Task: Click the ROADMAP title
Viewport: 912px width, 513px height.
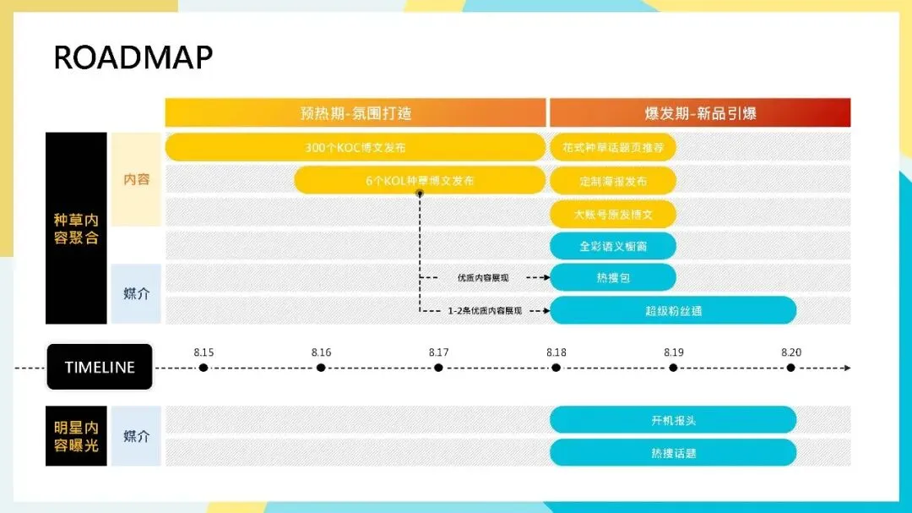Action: (133, 57)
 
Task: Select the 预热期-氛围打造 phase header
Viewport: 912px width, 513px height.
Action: (356, 113)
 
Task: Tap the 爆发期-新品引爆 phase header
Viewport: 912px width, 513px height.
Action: (700, 113)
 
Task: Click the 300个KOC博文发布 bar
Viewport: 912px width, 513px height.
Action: (356, 147)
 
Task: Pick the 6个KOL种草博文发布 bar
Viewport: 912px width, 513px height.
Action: (420, 180)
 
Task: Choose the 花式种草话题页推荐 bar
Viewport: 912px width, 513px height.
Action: (613, 147)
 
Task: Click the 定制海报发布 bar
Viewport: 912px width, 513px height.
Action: (613, 180)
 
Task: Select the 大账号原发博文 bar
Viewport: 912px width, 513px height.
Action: (613, 214)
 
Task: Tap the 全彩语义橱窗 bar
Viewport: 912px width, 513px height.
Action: (613, 246)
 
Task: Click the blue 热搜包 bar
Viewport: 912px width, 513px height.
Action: (613, 277)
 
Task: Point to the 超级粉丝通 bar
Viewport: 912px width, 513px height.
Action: (673, 310)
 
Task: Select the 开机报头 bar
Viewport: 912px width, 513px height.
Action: (673, 420)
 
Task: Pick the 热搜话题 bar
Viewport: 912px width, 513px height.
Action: (673, 452)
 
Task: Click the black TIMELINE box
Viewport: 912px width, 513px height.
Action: (100, 367)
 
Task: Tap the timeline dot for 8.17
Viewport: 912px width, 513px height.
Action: (438, 368)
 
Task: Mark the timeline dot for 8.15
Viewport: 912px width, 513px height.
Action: (204, 368)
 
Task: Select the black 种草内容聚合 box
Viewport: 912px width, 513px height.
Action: (76, 228)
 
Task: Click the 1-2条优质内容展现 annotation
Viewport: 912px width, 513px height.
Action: (485, 310)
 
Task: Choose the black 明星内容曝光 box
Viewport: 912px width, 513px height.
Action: (76, 436)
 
